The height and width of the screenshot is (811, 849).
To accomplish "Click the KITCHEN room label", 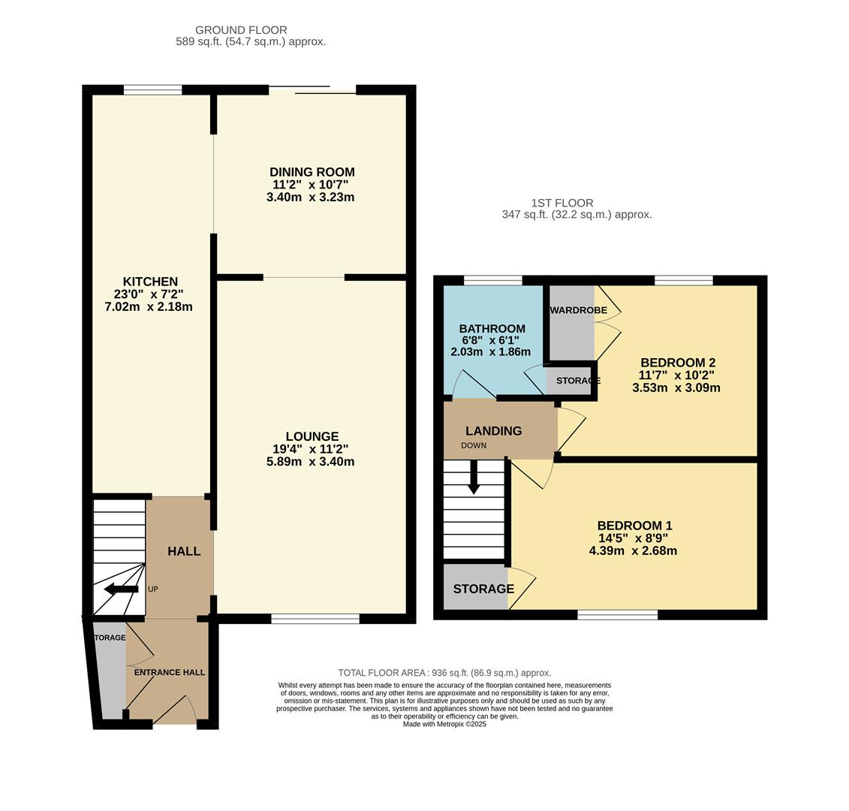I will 150,282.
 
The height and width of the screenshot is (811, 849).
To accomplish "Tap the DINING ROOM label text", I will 312,172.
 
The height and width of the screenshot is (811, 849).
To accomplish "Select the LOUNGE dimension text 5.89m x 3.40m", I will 310,462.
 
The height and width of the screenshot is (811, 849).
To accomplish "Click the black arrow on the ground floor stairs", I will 120,589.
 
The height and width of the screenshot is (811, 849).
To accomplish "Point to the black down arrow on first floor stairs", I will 474,479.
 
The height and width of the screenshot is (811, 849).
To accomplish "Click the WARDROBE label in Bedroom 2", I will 578,310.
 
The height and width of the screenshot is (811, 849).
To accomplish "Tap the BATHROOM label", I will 492,329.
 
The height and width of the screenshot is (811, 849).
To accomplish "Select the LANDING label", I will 493,431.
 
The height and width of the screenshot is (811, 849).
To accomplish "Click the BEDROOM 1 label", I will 634,526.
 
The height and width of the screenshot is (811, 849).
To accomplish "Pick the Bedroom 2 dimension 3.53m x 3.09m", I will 676,388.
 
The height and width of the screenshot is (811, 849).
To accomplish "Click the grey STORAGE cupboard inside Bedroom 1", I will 475,588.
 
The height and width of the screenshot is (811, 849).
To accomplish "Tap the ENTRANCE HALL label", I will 170,672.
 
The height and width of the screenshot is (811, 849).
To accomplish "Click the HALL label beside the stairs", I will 184,551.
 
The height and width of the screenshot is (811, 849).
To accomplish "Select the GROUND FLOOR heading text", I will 241,30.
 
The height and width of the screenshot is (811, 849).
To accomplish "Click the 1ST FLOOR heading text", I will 561,203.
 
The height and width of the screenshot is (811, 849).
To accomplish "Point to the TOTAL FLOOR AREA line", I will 444,673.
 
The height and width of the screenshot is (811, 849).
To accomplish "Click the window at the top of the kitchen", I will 153,90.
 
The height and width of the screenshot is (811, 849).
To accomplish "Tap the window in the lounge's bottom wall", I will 315,619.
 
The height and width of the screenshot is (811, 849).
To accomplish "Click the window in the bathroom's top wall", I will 492,281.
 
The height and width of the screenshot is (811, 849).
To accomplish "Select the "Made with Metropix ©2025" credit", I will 444,724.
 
